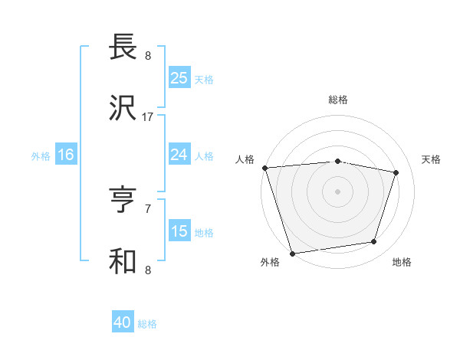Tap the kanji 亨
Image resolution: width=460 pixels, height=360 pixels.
click(123, 201)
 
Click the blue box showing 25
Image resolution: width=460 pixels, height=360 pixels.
click(179, 78)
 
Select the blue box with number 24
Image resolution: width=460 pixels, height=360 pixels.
click(179, 155)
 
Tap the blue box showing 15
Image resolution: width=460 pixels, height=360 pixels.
click(179, 231)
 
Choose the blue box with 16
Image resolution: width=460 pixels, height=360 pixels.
click(66, 155)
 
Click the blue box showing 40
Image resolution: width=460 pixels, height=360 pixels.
click(123, 322)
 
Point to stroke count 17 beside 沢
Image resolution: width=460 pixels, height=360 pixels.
click(148, 117)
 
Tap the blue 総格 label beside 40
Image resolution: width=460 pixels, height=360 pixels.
click(147, 324)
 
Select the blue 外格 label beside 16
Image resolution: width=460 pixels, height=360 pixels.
click(41, 155)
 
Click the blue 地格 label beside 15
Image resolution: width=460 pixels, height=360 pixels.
click(204, 232)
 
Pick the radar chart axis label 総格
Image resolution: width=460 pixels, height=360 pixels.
click(337, 100)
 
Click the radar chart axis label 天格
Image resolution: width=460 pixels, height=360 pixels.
click(431, 159)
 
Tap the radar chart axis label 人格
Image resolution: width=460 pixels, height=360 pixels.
click(245, 159)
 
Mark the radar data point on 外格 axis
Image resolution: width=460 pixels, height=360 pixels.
click(292, 253)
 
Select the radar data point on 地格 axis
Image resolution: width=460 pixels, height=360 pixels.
click(374, 242)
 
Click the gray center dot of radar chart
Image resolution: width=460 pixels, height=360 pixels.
click(337, 191)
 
